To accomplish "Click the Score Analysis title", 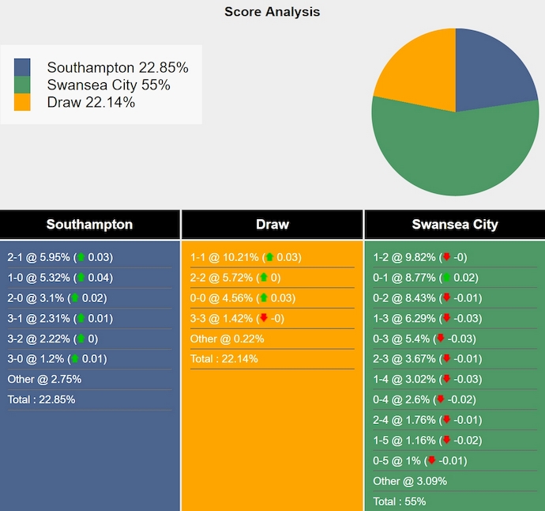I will (x=272, y=12).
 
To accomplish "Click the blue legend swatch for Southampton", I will (x=22, y=67).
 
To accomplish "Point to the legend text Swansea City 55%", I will (x=108, y=85).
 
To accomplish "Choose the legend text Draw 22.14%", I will (x=91, y=102).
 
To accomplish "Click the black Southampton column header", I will (x=89, y=224).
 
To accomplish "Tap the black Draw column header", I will (x=272, y=224).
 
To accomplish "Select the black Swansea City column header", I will (x=454, y=224).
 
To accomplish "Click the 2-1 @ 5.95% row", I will (x=60, y=257).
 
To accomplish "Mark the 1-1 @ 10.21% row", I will (x=246, y=257).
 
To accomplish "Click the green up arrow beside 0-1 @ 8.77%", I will (x=446, y=278).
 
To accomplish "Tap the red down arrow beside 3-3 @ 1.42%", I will (x=263, y=319).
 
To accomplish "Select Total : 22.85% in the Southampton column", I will (x=41, y=399).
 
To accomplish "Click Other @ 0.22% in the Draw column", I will (x=227, y=339).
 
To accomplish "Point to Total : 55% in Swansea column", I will (x=400, y=502).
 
